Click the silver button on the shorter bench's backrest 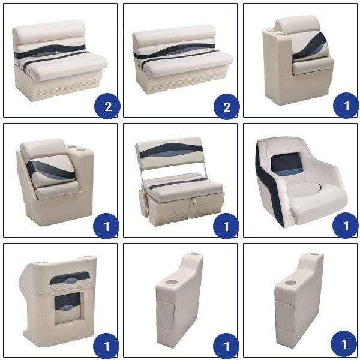pos(56,53)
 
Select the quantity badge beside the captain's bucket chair pos(346,226)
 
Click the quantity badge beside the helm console pos(106,346)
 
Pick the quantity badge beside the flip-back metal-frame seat pos(226,226)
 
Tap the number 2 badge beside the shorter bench pos(107,106)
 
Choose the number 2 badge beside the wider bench pos(227,107)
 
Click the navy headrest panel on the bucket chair pos(287,162)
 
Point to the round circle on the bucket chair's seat pos(304,190)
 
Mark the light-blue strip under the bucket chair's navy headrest pos(289,172)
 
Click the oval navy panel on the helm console pos(70,278)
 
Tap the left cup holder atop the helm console pos(41,263)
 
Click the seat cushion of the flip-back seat pos(184,187)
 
